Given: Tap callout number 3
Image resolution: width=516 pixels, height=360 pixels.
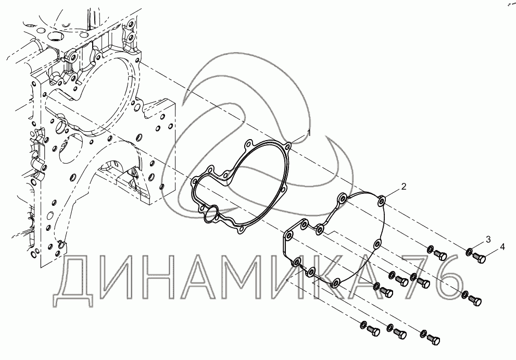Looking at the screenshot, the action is (x=488, y=239).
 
